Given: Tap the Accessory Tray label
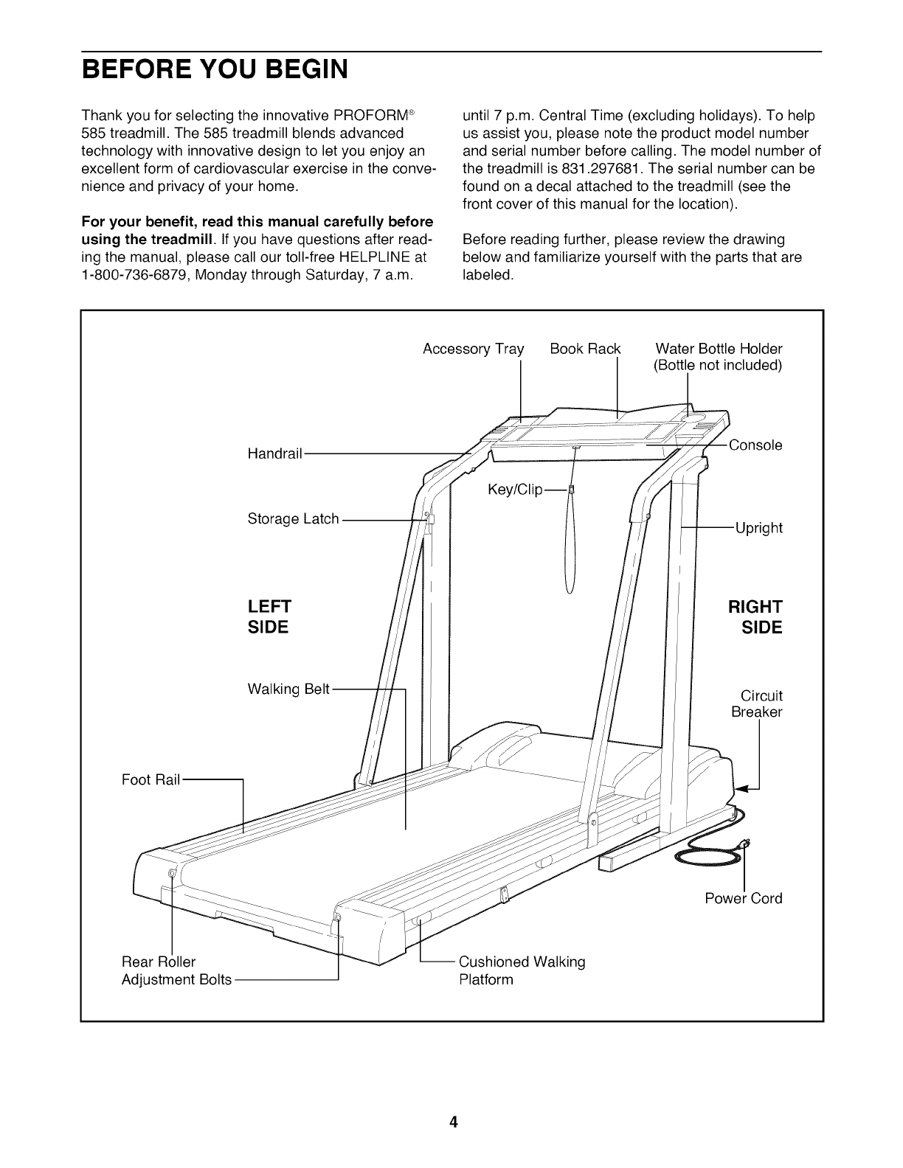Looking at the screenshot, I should [x=473, y=348].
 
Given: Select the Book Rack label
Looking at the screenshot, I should [x=585, y=348].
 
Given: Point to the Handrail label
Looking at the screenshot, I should [x=274, y=453].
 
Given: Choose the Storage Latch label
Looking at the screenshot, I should [x=293, y=519].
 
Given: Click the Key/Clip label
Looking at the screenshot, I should [x=515, y=490].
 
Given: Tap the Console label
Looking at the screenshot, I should [x=755, y=445].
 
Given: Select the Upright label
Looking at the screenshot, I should [x=758, y=528].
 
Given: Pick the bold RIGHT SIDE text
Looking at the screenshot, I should [x=755, y=617].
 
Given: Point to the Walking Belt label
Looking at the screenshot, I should [x=288, y=689].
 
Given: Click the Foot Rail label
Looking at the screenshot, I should [x=150, y=779].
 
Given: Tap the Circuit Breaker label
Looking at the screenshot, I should [x=757, y=704].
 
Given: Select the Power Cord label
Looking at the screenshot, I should [x=743, y=898].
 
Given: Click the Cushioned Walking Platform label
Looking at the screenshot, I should [x=521, y=970].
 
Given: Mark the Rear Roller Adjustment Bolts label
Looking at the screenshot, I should [x=176, y=970].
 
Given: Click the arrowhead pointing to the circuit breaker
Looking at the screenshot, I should [x=742, y=790].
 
